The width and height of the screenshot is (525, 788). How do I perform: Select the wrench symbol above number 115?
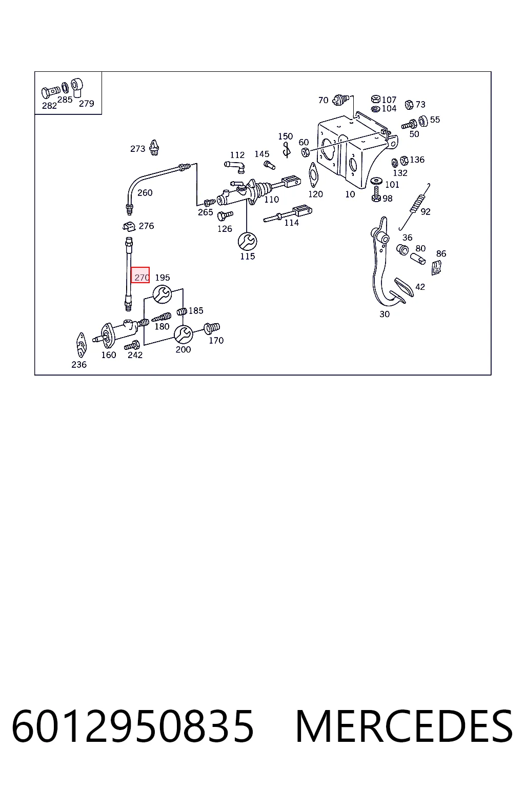pyautogui.click(x=247, y=242)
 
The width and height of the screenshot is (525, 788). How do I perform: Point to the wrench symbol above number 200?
pyautogui.click(x=183, y=334)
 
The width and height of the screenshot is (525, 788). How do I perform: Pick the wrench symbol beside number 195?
pyautogui.click(x=162, y=294)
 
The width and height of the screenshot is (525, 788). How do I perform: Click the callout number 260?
pyautogui.click(x=145, y=193)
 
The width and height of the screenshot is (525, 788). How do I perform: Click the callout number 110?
pyautogui.click(x=271, y=200)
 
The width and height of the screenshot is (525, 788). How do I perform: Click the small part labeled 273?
pyautogui.click(x=154, y=147)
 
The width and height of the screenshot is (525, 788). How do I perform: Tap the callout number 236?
pyautogui.click(x=79, y=365)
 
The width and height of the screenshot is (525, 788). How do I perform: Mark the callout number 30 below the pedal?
pyautogui.click(x=385, y=314)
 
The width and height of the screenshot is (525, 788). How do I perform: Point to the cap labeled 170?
pyautogui.click(x=212, y=328)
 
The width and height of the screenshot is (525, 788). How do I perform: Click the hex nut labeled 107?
pyautogui.click(x=376, y=99)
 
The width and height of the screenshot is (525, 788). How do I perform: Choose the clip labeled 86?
pyautogui.click(x=436, y=267)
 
